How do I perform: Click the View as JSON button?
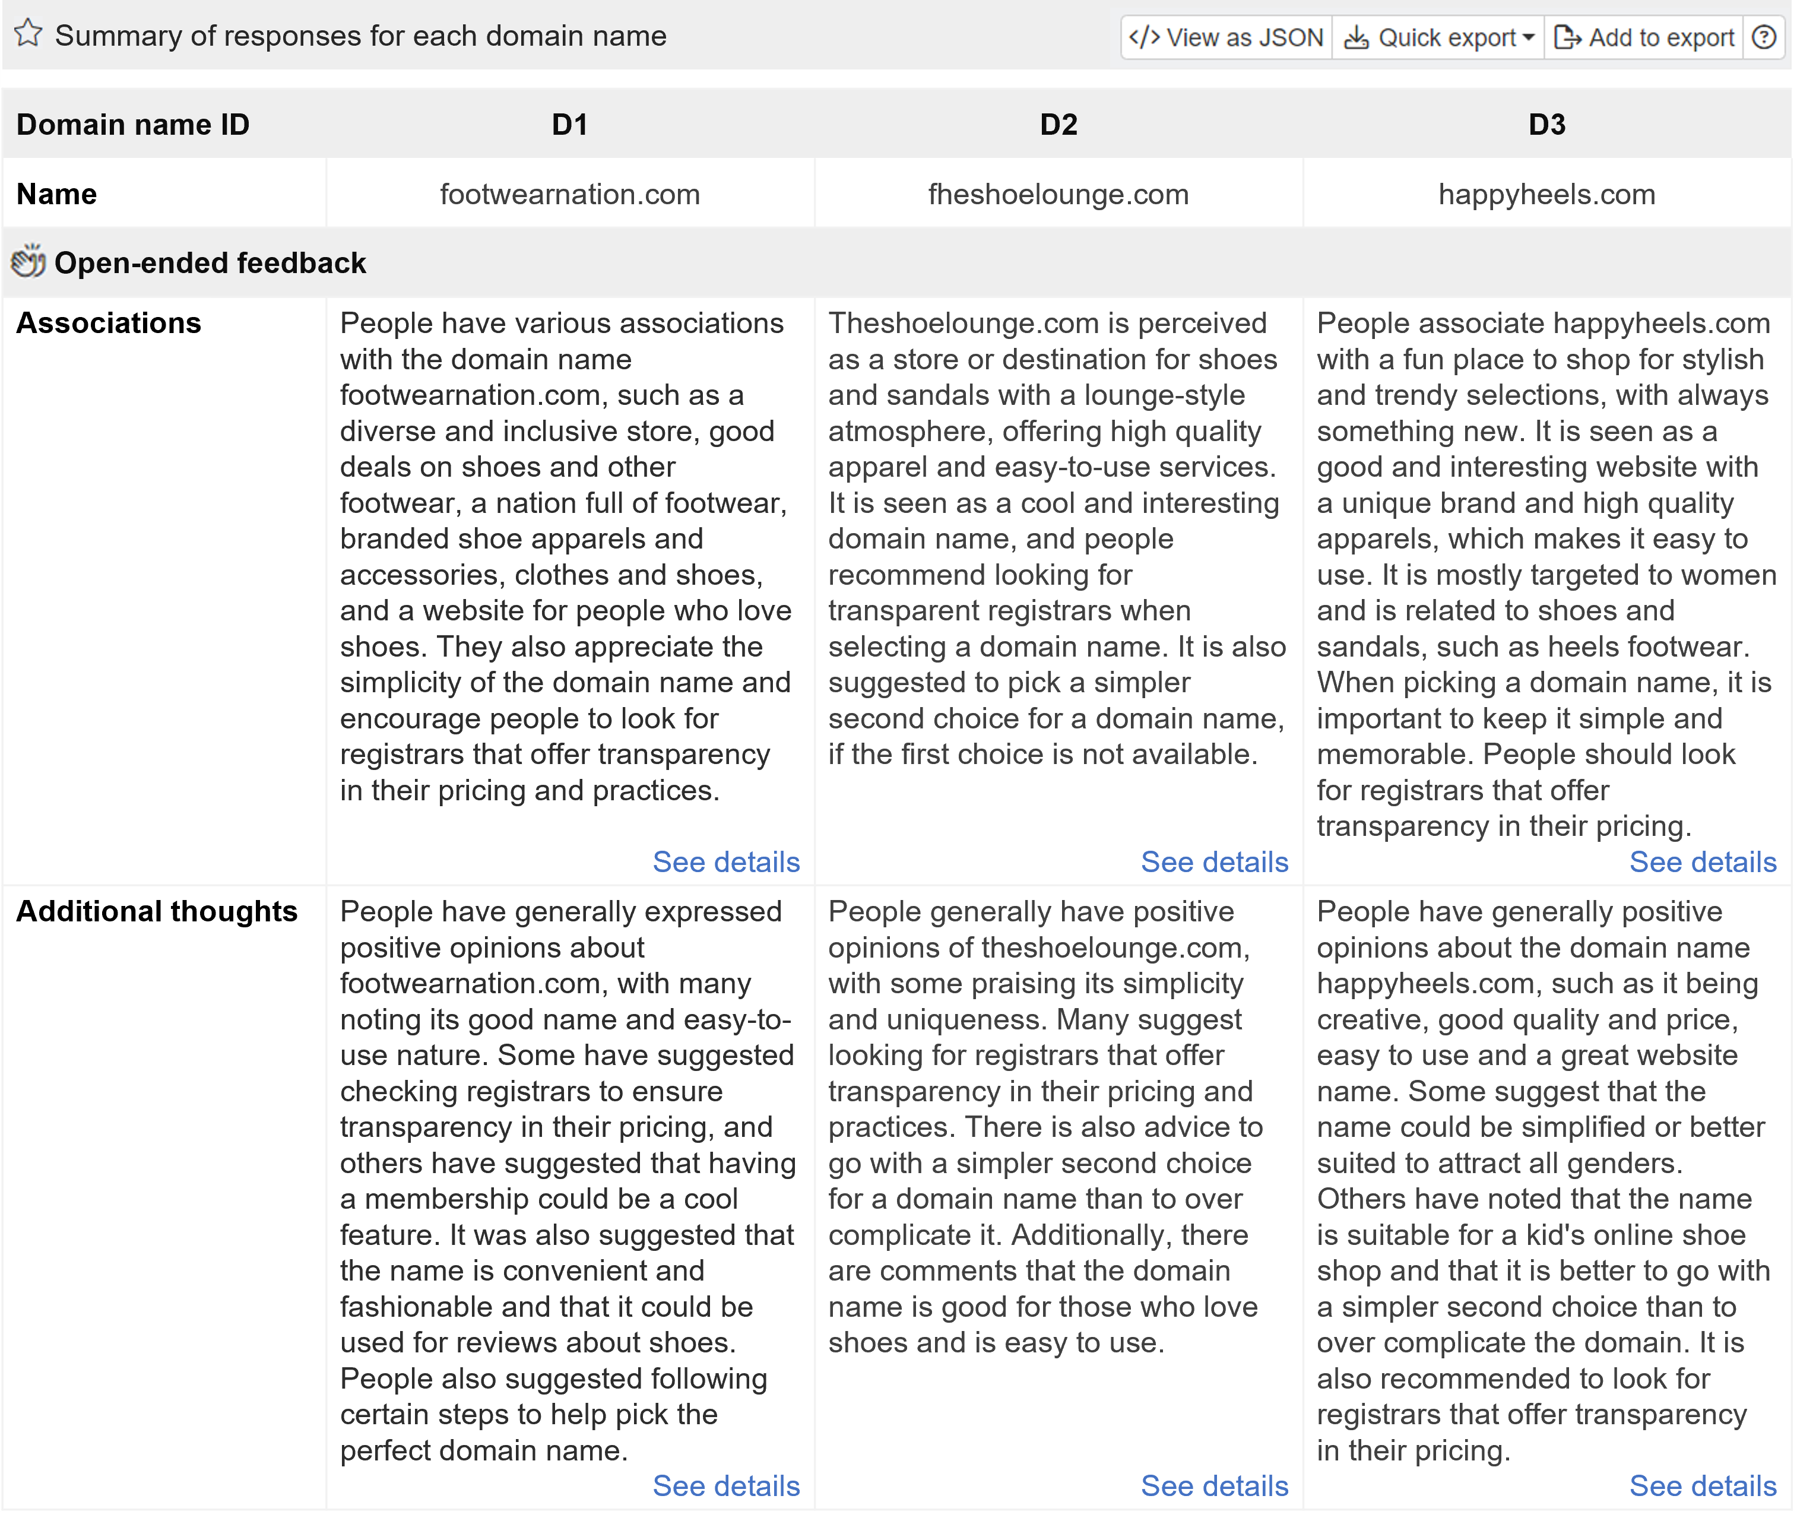pyautogui.click(x=1226, y=37)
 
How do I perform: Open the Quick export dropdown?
pyautogui.click(x=1438, y=37)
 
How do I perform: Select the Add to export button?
pyautogui.click(x=1643, y=37)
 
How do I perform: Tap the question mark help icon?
pyautogui.click(x=1764, y=37)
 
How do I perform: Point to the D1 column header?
pyautogui.click(x=569, y=124)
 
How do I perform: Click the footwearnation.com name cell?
pyautogui.click(x=569, y=194)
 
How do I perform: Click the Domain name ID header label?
pyautogui.click(x=133, y=124)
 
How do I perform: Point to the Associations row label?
pyautogui.click(x=109, y=322)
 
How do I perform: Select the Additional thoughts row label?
pyautogui.click(x=157, y=911)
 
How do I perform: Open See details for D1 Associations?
pyautogui.click(x=726, y=861)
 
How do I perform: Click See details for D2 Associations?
pyautogui.click(x=1214, y=861)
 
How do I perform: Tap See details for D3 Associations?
pyautogui.click(x=1702, y=861)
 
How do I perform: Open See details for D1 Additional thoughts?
pyautogui.click(x=726, y=1485)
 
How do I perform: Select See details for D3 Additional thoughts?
pyautogui.click(x=1702, y=1485)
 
